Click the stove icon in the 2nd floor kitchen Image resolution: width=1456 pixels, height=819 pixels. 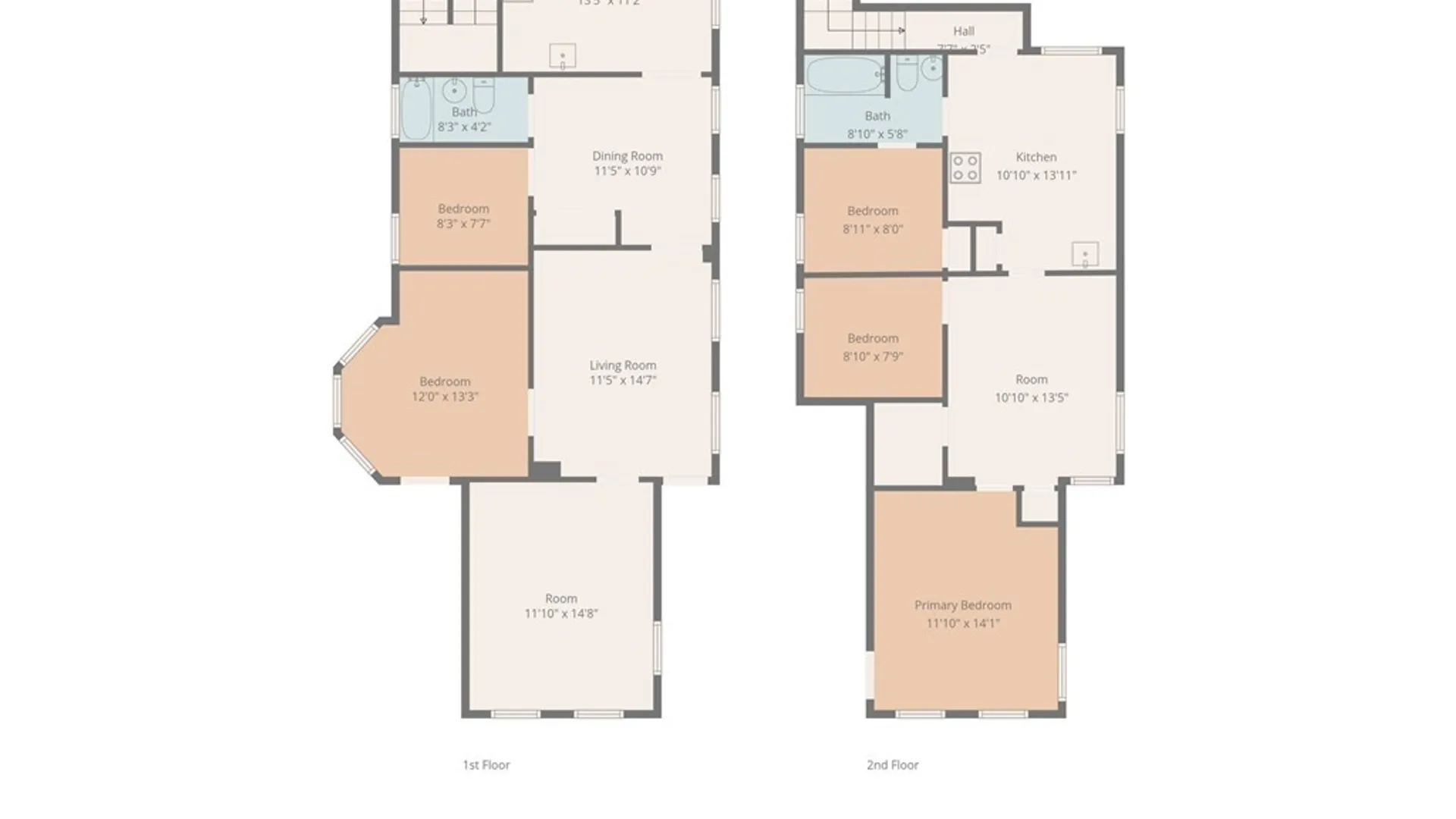click(965, 168)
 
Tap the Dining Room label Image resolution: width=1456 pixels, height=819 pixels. click(627, 156)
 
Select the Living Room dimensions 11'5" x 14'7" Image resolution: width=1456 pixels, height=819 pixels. click(623, 380)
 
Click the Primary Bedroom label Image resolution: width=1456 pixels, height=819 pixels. click(962, 605)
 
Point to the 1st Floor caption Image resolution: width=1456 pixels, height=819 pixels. click(486, 764)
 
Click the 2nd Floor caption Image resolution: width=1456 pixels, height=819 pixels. click(893, 764)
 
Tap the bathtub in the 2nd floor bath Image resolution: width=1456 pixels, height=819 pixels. click(844, 75)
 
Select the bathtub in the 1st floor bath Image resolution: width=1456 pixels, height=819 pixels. click(416, 110)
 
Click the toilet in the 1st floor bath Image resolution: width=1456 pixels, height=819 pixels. click(484, 94)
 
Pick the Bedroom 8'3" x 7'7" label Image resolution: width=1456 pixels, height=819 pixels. click(463, 209)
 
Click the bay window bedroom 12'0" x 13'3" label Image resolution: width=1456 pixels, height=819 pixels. click(445, 381)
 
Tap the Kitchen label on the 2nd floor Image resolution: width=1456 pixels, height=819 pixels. click(1036, 157)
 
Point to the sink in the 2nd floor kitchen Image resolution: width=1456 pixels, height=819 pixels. click(1085, 255)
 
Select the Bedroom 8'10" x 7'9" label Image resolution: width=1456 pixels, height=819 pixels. click(873, 338)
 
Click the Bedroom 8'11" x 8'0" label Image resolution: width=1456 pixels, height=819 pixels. click(873, 211)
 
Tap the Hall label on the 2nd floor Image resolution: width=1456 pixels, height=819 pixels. click(964, 31)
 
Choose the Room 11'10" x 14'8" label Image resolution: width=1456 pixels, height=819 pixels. click(561, 598)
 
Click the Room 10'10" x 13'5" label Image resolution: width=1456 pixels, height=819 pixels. click(1031, 379)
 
